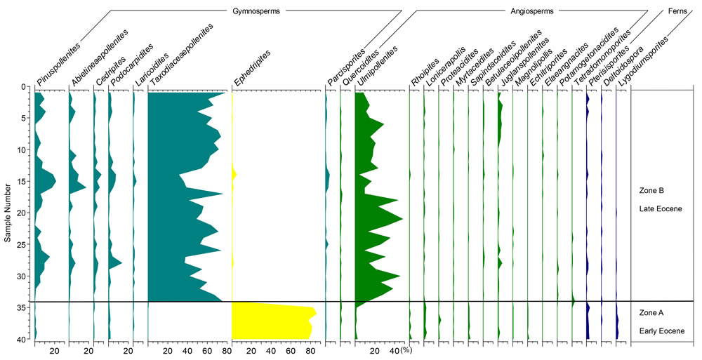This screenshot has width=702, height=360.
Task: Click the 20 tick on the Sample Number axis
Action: pyautogui.click(x=22, y=213)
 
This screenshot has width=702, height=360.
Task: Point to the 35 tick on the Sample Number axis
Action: pyautogui.click(x=22, y=307)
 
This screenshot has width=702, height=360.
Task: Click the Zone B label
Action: pyautogui.click(x=651, y=190)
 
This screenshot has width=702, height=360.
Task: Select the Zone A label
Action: pyautogui.click(x=651, y=312)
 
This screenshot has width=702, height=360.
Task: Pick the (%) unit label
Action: pyautogui.click(x=405, y=350)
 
